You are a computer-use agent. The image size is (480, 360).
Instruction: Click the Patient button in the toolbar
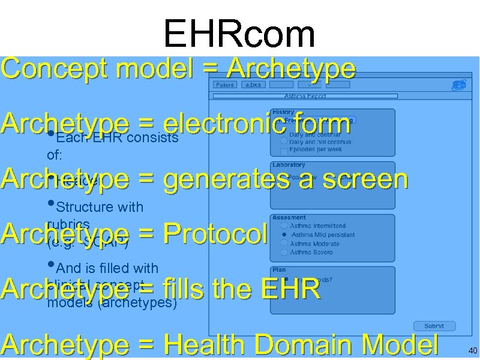pos(225,85)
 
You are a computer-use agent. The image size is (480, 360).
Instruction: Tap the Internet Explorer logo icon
pos(459,85)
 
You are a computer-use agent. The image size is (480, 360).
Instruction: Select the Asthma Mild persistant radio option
pos(284,235)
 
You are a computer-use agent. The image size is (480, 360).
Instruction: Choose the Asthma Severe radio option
pos(284,252)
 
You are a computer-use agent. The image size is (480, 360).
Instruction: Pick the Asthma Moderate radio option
pos(284,244)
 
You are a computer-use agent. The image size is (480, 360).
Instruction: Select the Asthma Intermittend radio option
pos(284,226)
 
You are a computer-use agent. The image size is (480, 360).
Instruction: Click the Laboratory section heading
pos(289,164)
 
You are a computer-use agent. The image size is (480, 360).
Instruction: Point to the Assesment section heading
pos(289,217)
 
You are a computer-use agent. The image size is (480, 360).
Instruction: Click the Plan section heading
pos(279,270)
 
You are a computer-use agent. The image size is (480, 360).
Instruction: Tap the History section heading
pos(283,112)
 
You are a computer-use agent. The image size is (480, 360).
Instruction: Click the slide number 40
pos(473,350)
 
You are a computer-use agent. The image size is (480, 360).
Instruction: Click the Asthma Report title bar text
pos(305,96)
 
